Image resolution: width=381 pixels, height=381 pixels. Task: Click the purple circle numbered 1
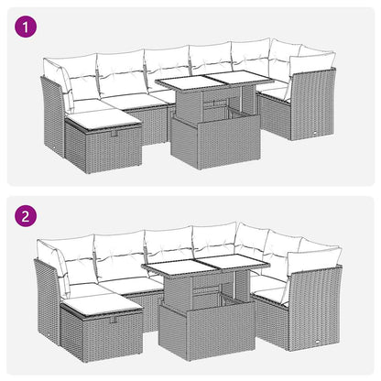tap(27, 27)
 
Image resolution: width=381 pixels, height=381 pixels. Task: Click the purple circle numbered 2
tap(27, 219)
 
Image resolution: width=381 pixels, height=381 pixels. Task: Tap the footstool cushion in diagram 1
tap(101, 119)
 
